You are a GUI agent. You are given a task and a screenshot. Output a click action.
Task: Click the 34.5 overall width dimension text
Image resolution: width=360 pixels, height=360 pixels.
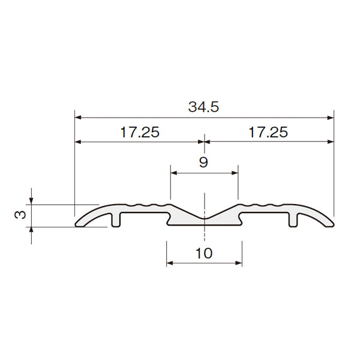[x=203, y=107]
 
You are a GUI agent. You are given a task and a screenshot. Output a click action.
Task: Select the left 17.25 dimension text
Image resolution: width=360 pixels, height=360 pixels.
[x=140, y=132]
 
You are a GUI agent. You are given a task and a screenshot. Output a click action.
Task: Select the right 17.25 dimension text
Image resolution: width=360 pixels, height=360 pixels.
[x=268, y=132]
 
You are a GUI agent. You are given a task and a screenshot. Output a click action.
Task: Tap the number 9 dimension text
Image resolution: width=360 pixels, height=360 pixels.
[x=203, y=162]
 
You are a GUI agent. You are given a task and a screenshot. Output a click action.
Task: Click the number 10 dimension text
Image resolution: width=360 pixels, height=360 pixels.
[x=204, y=253]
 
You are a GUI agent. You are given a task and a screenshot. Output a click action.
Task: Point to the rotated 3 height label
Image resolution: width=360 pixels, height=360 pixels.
[x=20, y=215]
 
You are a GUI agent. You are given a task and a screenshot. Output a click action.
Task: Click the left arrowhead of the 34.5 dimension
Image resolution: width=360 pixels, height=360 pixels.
[x=78, y=118]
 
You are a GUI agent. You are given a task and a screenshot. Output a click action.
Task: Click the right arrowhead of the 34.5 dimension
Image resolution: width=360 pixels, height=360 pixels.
[x=331, y=118]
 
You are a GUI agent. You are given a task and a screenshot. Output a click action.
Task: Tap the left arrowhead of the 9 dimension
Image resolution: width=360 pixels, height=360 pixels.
[x=174, y=173]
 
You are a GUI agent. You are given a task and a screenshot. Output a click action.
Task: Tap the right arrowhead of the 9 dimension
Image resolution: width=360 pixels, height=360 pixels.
[x=235, y=173]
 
